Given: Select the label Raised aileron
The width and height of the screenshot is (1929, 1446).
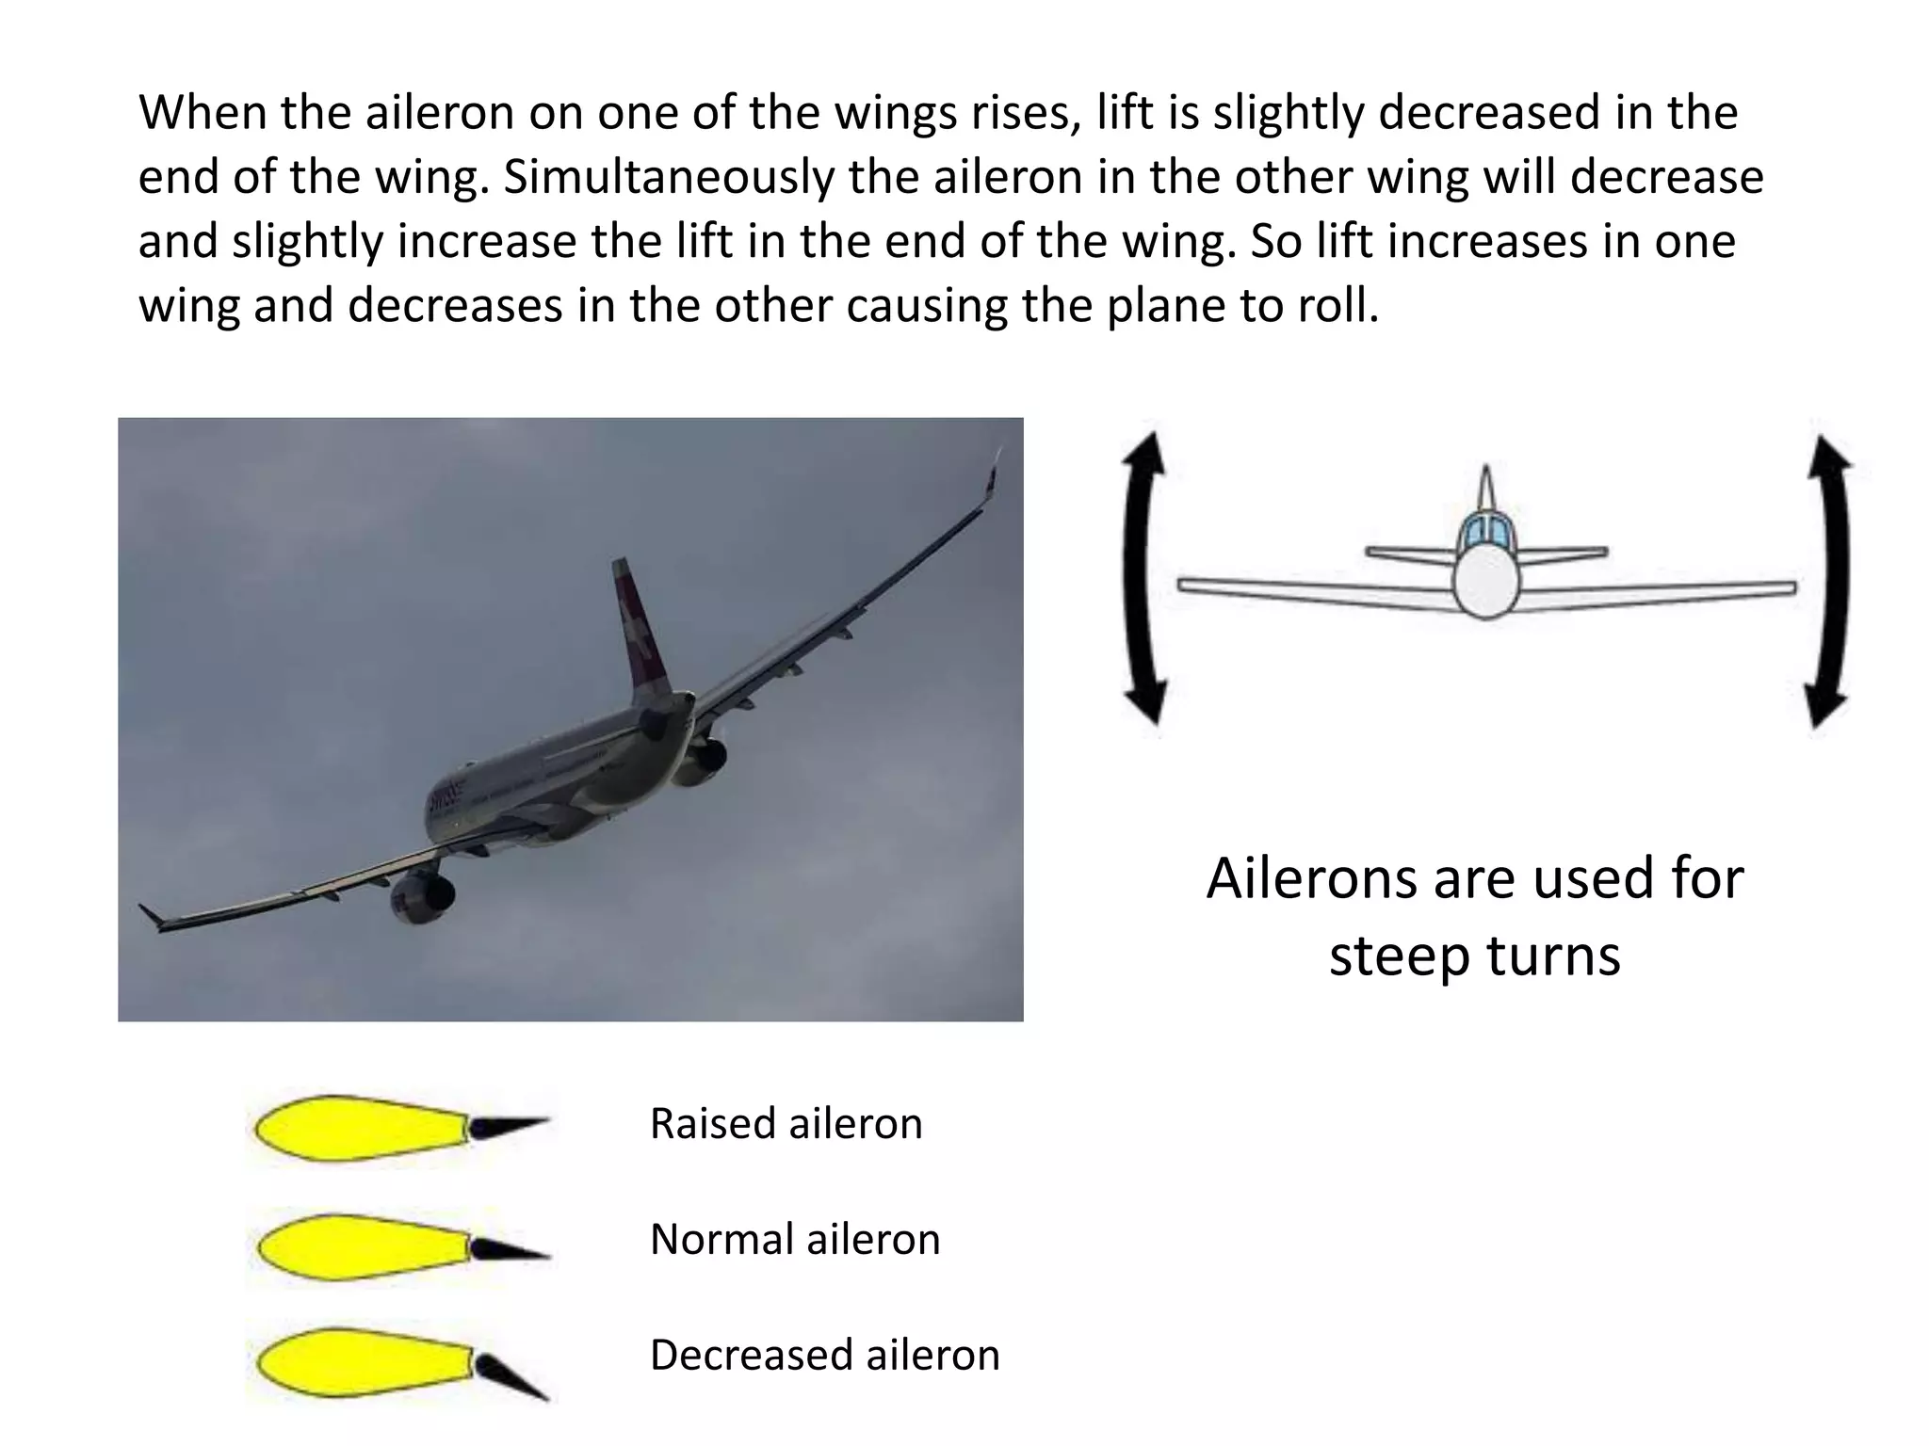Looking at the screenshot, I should (786, 1123).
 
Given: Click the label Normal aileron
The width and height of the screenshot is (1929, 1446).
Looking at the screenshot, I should (795, 1239).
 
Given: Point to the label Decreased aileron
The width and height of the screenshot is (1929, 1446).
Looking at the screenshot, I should (824, 1355).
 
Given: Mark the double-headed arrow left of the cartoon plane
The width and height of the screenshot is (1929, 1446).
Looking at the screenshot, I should (1143, 579).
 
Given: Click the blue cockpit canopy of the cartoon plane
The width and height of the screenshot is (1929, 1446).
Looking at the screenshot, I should (1486, 533).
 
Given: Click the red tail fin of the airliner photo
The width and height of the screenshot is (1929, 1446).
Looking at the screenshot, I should (637, 621).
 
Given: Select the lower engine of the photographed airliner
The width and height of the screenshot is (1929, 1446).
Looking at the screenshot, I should (420, 897).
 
